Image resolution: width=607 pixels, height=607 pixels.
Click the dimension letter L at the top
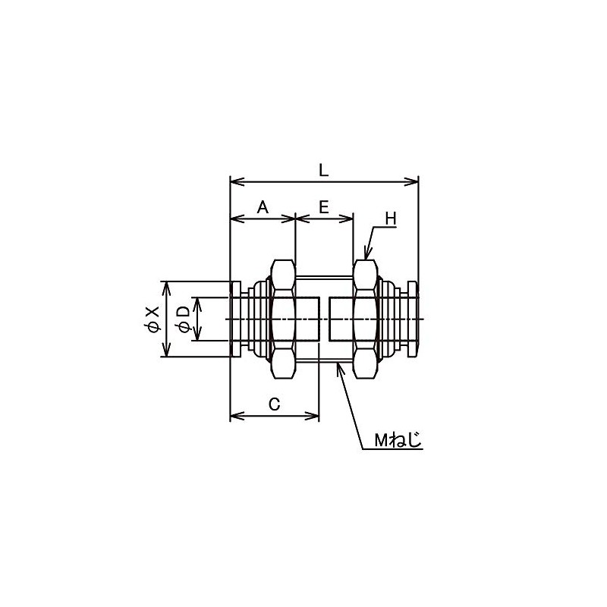point(324,170)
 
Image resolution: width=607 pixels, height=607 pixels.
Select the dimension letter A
point(263,206)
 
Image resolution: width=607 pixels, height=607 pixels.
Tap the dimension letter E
point(324,206)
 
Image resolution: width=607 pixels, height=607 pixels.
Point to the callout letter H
point(391,219)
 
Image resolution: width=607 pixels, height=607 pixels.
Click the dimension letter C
point(275,404)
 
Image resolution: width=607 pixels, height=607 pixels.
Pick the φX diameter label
point(153,319)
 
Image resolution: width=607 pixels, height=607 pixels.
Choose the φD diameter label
point(182,319)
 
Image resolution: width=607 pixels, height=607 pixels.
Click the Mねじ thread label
point(397,440)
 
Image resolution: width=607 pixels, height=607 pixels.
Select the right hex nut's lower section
point(365,365)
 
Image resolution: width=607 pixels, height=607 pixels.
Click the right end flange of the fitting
point(413,319)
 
